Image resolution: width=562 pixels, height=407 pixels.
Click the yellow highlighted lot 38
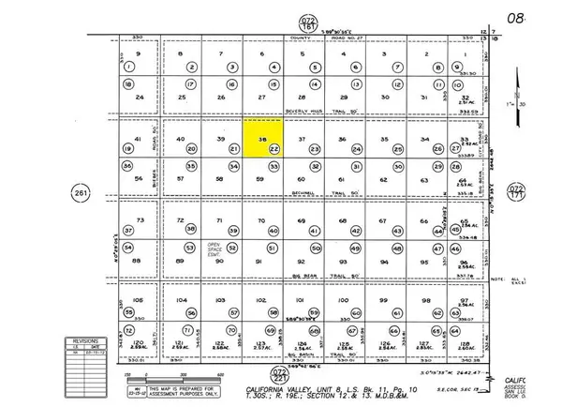click(261, 137)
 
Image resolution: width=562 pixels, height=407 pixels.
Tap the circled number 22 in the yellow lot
click(274, 149)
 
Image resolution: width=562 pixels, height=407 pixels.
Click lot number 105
click(139, 299)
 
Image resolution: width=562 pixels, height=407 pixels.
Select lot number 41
click(138, 139)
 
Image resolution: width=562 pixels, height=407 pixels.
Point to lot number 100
click(342, 299)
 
